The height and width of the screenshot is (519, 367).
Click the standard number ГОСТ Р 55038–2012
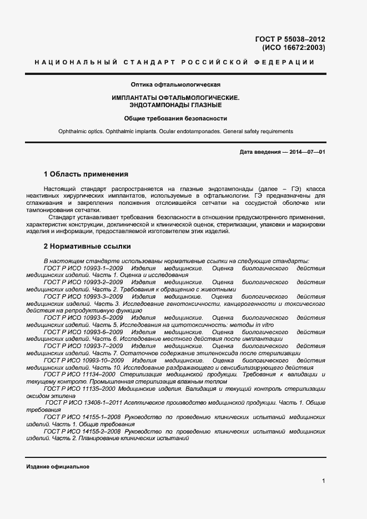point(290,39)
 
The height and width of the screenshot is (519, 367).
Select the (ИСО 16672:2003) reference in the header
point(294,48)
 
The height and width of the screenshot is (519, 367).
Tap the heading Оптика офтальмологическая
point(175,85)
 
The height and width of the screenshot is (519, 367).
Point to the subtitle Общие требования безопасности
point(175,118)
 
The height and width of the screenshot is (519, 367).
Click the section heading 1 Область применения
point(86,174)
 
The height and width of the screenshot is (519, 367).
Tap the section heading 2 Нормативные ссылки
point(87,246)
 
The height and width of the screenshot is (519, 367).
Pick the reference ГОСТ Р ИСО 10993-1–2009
point(83,268)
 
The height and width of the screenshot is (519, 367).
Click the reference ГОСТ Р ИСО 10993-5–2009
point(83,318)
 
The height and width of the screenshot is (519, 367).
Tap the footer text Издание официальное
point(58,467)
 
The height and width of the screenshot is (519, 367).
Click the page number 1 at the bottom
point(323,481)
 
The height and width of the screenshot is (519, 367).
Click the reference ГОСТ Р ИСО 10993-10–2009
point(84,361)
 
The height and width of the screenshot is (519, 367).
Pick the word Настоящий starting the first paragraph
point(63,189)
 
